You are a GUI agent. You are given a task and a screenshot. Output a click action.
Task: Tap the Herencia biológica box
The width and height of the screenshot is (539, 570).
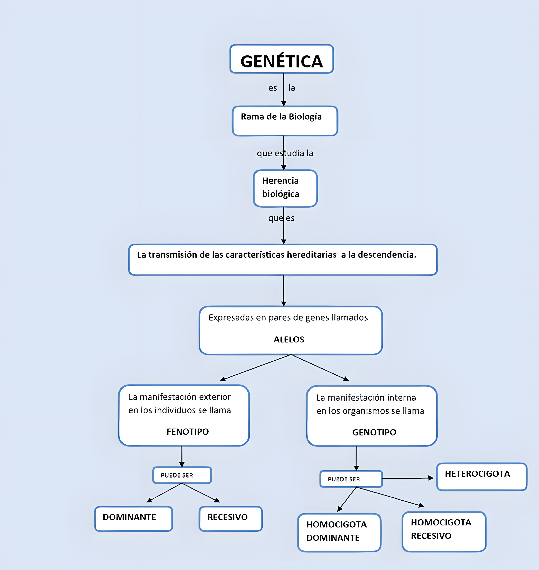click(285, 188)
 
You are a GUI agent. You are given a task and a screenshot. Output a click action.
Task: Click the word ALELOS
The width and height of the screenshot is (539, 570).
click(289, 339)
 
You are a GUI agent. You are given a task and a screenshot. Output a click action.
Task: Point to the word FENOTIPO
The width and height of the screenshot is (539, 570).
click(188, 432)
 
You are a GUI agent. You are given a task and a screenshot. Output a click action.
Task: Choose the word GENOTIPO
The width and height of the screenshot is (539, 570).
click(374, 432)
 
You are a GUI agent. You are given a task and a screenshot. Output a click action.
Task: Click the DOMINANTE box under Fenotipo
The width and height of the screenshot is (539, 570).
click(134, 519)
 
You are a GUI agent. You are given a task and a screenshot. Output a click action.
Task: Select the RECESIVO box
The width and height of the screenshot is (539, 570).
click(230, 519)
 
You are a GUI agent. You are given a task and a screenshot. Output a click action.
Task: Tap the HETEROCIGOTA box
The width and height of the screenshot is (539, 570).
click(482, 477)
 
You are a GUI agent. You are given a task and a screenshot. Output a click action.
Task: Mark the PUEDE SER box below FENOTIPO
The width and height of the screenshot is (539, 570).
click(182, 475)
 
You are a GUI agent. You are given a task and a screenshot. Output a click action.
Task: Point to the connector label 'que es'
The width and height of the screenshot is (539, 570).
click(281, 218)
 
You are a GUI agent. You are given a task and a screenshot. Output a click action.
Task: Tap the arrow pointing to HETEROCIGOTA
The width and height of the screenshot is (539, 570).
click(408, 478)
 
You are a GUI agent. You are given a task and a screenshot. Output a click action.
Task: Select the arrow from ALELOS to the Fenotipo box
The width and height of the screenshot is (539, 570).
click(256, 368)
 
